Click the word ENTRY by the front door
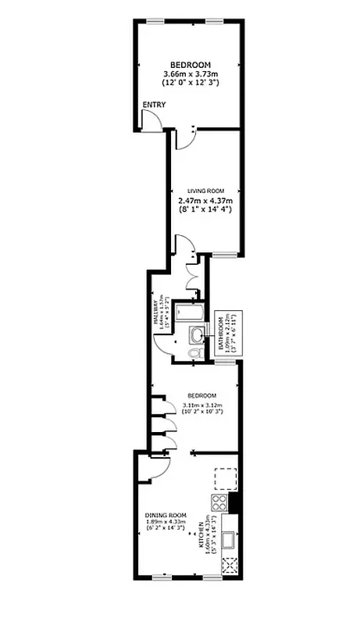tap(153, 105)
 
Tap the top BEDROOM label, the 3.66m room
tap(191, 64)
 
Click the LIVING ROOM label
tap(205, 191)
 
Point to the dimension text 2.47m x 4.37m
tap(205, 200)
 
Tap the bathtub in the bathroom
tap(188, 313)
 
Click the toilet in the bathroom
tap(195, 353)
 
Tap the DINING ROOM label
tap(166, 516)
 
